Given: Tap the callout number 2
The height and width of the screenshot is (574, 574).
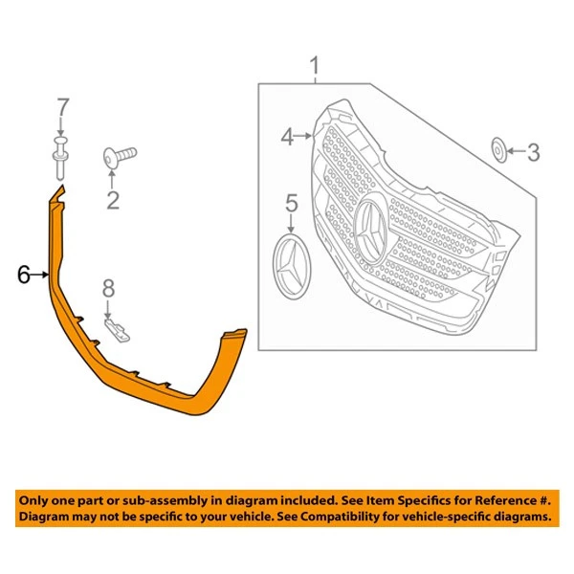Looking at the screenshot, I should click(x=112, y=199).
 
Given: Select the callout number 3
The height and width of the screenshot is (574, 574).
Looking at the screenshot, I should click(x=534, y=150).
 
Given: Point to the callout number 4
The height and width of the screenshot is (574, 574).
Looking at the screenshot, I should click(x=288, y=138).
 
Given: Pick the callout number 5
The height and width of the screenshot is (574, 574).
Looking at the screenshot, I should click(x=292, y=203).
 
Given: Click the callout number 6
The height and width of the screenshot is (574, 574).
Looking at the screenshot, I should click(x=23, y=276).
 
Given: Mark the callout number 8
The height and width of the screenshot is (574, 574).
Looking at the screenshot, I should click(x=108, y=286).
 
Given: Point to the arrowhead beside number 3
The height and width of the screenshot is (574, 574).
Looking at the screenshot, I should click(x=511, y=150).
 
